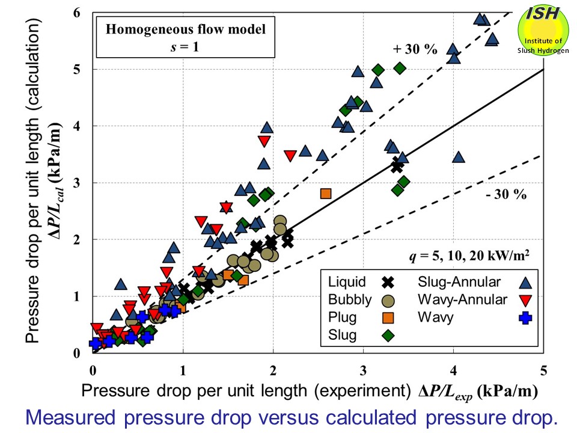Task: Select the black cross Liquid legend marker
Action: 389,281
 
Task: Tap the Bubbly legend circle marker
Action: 389,299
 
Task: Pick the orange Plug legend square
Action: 389,317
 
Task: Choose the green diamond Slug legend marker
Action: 389,335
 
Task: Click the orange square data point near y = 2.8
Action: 326,193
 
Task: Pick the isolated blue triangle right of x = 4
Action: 459,157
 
